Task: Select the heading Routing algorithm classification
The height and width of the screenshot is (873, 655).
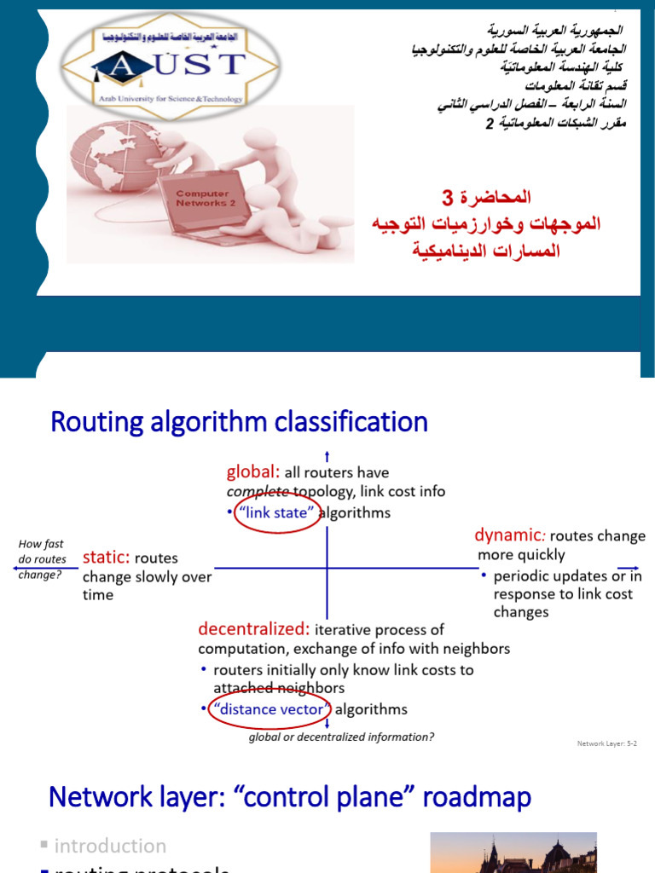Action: pyautogui.click(x=239, y=422)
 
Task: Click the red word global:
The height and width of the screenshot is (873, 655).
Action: pyautogui.click(x=252, y=472)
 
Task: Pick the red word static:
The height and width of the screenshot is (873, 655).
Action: pyautogui.click(x=106, y=558)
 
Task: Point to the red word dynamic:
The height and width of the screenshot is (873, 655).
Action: pyautogui.click(x=510, y=536)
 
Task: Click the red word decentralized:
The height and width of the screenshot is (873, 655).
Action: pyautogui.click(x=254, y=629)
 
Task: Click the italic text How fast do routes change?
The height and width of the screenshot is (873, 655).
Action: pyautogui.click(x=41, y=559)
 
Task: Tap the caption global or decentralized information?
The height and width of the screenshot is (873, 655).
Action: pyautogui.click(x=341, y=737)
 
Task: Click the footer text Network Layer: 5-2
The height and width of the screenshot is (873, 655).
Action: pyautogui.click(x=606, y=743)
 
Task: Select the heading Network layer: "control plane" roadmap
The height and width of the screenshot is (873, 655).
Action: pyautogui.click(x=290, y=797)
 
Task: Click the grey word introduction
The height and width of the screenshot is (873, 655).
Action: pyautogui.click(x=110, y=846)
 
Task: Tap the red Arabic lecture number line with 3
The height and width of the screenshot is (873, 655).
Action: pyautogui.click(x=486, y=198)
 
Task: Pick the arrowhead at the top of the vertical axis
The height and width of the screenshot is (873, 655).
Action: pyautogui.click(x=327, y=455)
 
